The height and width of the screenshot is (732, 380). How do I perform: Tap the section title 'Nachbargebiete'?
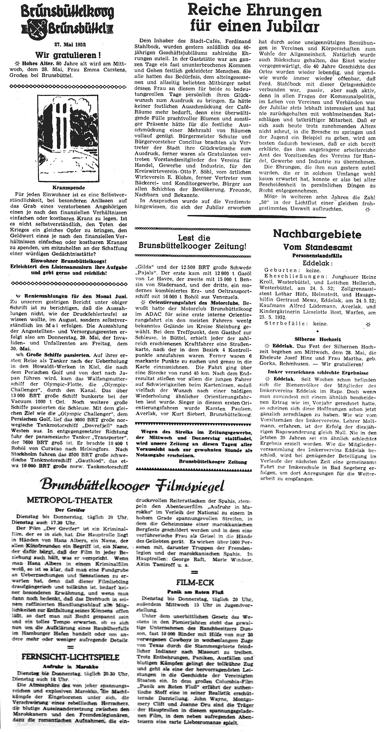(x=317, y=234)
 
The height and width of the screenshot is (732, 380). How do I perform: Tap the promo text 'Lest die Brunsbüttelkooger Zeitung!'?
(x=192, y=242)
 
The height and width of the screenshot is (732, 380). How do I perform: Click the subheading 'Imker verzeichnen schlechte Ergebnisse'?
(x=318, y=373)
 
